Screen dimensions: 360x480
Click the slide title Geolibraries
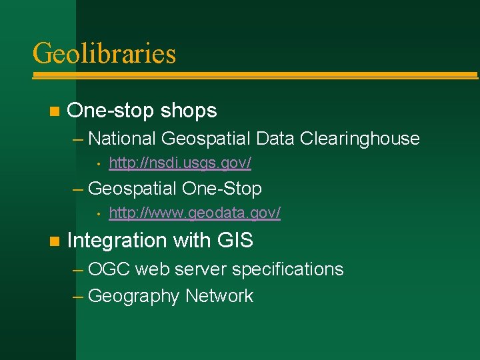coord(104,53)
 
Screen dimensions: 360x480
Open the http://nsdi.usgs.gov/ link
coord(179,163)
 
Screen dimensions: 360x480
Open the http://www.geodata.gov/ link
coord(194,213)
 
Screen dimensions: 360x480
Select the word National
coord(122,139)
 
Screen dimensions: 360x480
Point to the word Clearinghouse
coord(359,139)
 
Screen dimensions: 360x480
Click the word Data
coord(275,139)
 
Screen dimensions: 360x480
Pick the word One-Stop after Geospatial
coord(221,189)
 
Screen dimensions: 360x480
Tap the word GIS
coord(235,240)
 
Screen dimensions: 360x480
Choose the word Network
coord(219,296)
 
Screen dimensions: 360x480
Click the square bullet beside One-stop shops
coord(54,111)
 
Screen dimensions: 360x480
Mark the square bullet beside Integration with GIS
coord(54,240)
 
